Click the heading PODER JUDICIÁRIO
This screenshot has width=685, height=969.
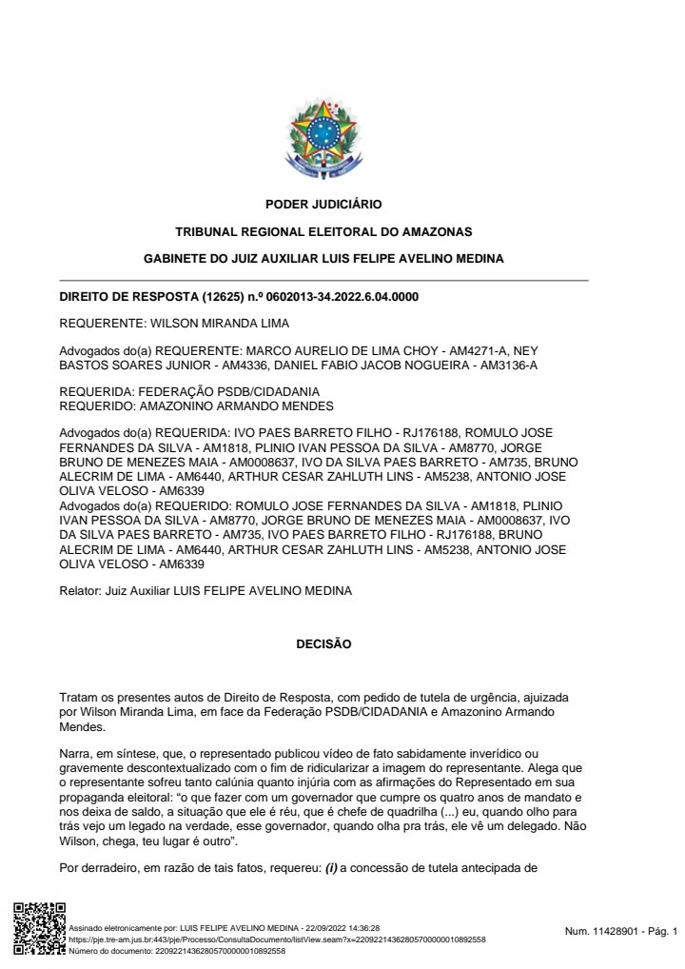point(323,204)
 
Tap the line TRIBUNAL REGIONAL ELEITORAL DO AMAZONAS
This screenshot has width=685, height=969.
point(323,231)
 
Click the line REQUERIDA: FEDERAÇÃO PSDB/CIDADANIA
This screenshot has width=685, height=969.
point(189,391)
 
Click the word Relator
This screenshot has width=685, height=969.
point(79,591)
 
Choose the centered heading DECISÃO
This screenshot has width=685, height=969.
point(324,644)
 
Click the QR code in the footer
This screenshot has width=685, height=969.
point(39,928)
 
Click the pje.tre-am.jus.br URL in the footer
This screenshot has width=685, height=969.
point(278,939)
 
